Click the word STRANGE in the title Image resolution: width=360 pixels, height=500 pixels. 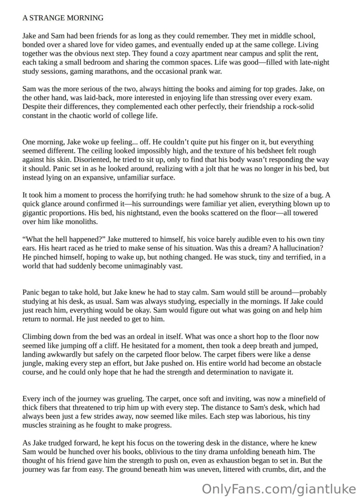tap(46, 18)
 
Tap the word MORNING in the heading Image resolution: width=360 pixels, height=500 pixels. tap(84, 18)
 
